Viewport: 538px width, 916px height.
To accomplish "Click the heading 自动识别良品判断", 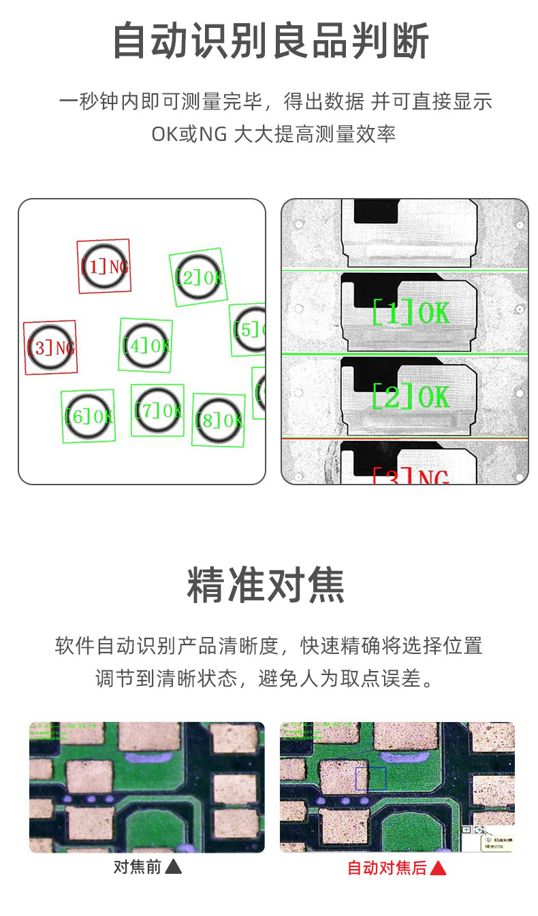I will click(x=270, y=41).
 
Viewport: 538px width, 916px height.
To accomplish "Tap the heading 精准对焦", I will click(x=266, y=585).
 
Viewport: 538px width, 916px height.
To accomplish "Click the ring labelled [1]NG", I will click(x=104, y=266).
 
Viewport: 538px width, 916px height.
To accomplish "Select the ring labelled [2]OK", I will click(x=198, y=277).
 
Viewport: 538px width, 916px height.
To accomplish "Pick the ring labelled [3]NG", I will click(x=50, y=348).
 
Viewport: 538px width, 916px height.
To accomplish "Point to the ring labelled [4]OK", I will click(x=146, y=345).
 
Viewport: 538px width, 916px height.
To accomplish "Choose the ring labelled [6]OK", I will click(x=88, y=416).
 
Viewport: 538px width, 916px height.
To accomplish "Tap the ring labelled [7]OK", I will click(x=157, y=410).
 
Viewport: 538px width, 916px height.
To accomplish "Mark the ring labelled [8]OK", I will click(x=218, y=420).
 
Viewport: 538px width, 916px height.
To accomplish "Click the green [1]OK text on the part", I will click(x=411, y=312).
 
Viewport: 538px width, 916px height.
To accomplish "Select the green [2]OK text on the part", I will click(x=411, y=396).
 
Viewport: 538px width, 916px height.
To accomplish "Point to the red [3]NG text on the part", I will click(x=411, y=476).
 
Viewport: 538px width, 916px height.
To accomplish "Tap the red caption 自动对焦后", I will click(x=387, y=868).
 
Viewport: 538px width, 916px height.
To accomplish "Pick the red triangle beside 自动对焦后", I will click(x=438, y=868).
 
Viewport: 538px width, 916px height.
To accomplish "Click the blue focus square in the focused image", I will click(x=370, y=779).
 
